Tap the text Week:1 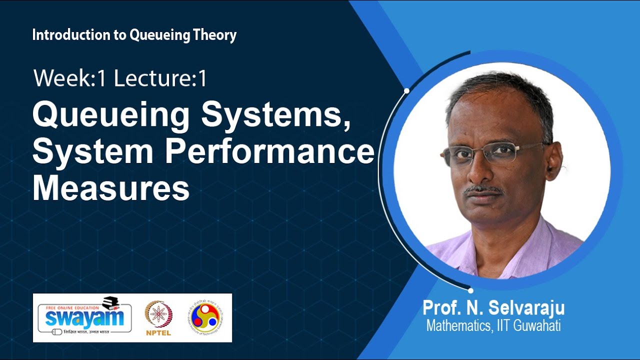click(70, 79)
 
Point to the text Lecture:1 click(160, 79)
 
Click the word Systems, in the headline click(275, 116)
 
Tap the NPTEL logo click(158, 318)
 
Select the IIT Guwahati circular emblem click(205, 317)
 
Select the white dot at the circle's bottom click(470, 290)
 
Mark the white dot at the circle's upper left click(406, 91)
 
